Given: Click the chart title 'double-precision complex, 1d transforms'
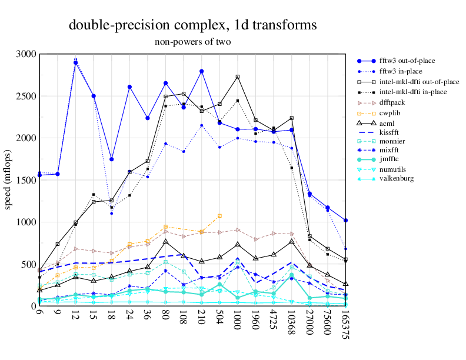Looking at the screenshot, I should [193, 25].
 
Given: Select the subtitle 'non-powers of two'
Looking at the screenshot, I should [193, 42].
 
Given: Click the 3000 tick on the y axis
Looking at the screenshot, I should [26, 54].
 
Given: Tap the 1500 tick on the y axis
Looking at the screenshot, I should [26, 180].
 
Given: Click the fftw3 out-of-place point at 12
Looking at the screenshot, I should [75, 62].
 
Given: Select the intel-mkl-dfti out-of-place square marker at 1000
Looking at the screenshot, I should [238, 77].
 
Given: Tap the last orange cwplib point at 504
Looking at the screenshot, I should [219, 216].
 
